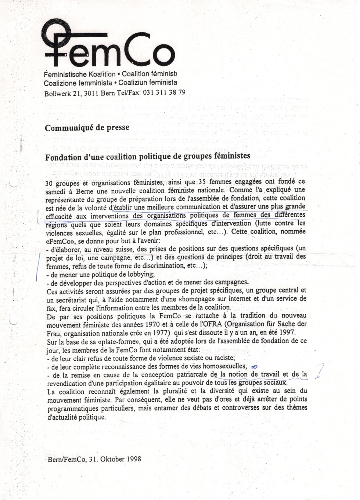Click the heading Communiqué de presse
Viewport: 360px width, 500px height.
click(87, 128)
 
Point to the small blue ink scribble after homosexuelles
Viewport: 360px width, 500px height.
click(254, 366)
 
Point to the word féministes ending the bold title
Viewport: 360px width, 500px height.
click(230, 156)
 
